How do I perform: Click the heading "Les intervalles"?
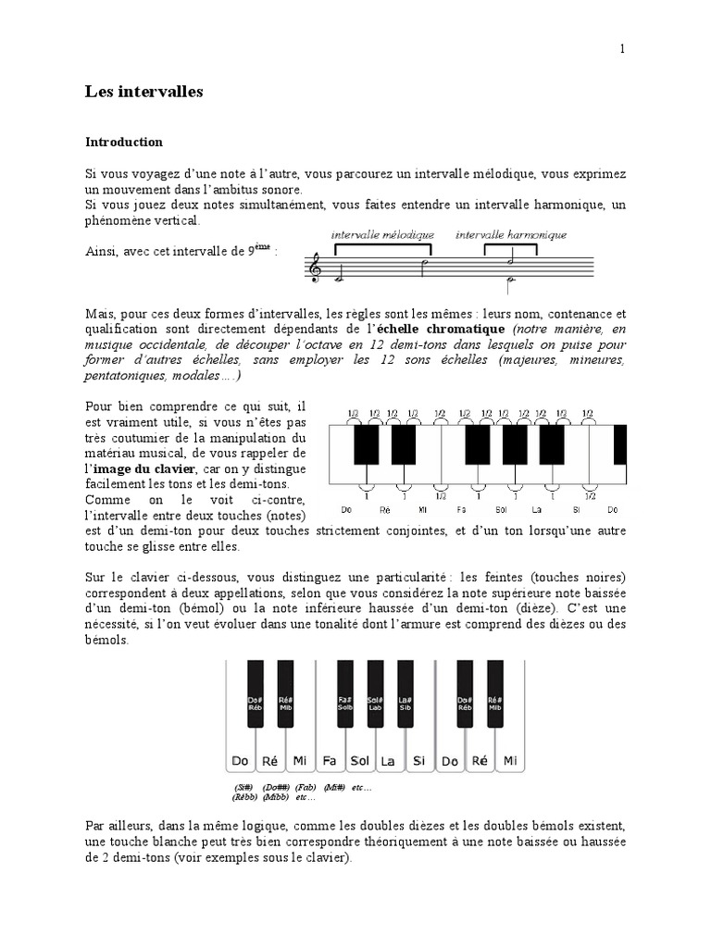pyautogui.click(x=143, y=92)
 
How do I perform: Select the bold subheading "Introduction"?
pyautogui.click(x=123, y=143)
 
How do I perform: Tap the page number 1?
pyautogui.click(x=622, y=50)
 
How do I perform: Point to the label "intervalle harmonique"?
pyautogui.click(x=511, y=235)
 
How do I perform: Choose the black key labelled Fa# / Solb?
pyautogui.click(x=345, y=702)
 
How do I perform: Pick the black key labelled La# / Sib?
pyautogui.click(x=405, y=702)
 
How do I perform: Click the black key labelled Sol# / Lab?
pyautogui.click(x=375, y=702)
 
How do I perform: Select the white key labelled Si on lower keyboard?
pyautogui.click(x=419, y=761)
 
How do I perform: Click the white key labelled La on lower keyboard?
pyautogui.click(x=389, y=761)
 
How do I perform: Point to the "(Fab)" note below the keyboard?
pyautogui.click(x=306, y=787)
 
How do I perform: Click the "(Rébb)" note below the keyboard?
pyautogui.click(x=245, y=796)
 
